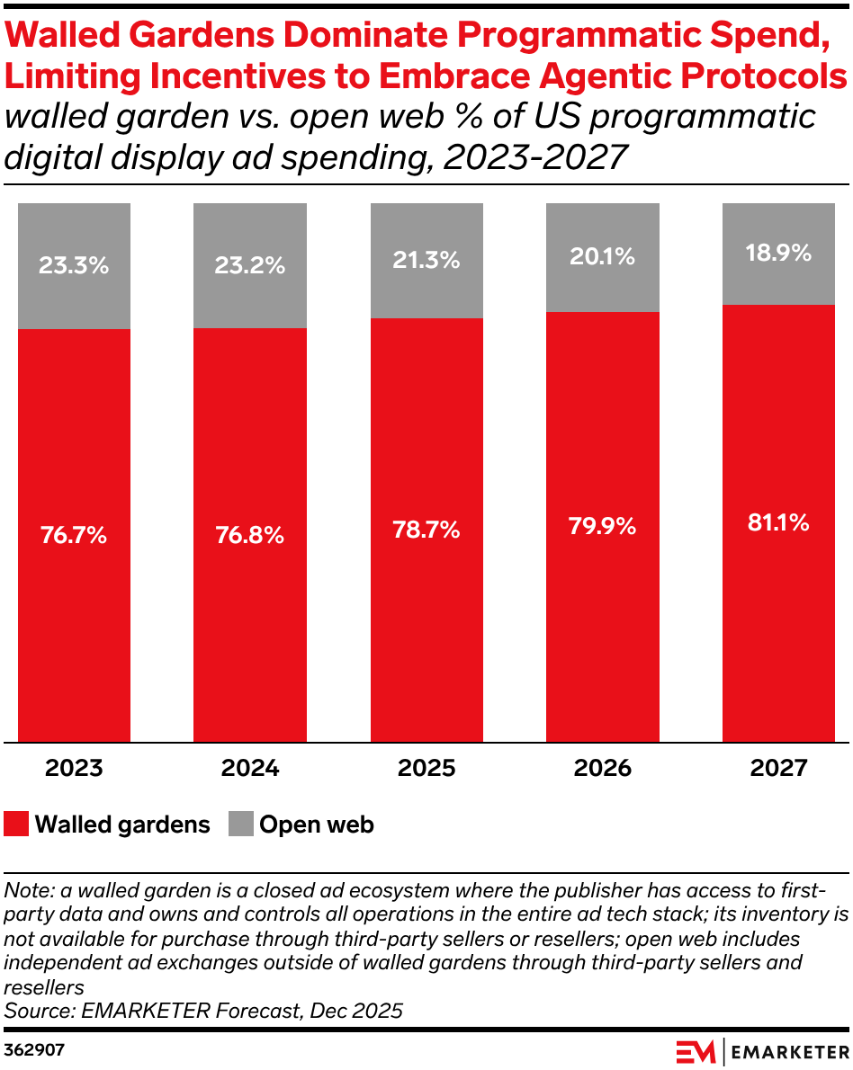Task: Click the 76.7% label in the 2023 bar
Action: pos(74,535)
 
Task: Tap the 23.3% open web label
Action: pos(74,265)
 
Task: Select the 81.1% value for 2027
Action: pos(778,522)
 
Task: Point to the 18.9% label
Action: pos(778,254)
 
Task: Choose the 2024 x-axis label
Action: pos(250,769)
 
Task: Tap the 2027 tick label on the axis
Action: pos(778,769)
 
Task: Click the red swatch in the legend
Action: pos(16,824)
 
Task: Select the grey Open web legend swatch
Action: pos(241,824)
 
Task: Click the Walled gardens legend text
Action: pos(122,825)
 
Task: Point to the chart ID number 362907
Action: pos(34,1049)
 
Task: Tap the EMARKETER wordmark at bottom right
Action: pos(789,1051)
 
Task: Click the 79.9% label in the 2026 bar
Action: pos(603,526)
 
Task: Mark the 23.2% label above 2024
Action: pos(250,265)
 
